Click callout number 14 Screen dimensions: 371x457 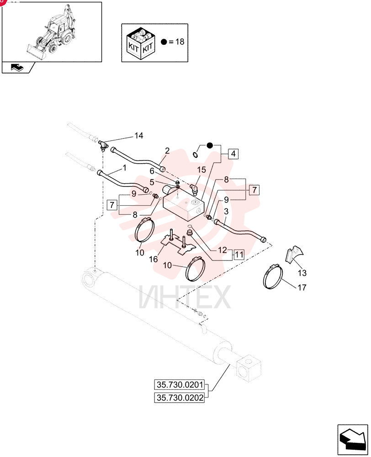pyautogui.click(x=139, y=136)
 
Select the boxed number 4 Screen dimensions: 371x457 pyautogui.click(x=233, y=154)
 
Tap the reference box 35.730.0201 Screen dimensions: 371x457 pyautogui.click(x=179, y=385)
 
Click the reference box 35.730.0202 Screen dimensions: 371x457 pyautogui.click(x=179, y=398)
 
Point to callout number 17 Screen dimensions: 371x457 pyautogui.click(x=302, y=287)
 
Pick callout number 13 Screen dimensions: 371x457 pyautogui.click(x=302, y=273)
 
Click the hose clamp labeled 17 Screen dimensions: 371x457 pyautogui.click(x=273, y=276)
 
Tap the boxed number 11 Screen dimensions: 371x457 pyautogui.click(x=239, y=255)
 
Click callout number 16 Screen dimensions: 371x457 pyautogui.click(x=154, y=259)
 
